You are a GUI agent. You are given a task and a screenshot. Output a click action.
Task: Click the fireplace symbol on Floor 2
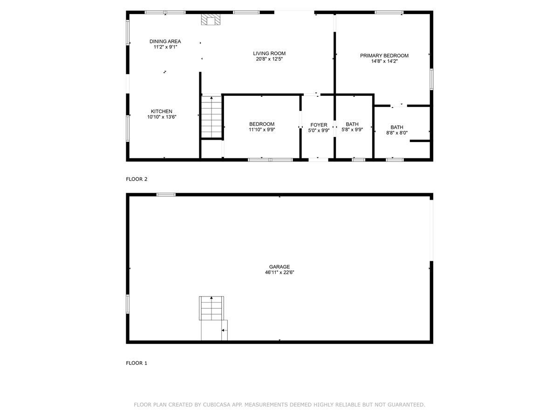click(x=211, y=19)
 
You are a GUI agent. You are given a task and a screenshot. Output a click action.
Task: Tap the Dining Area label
click(x=165, y=41)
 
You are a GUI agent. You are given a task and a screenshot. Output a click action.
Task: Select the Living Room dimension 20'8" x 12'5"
click(x=269, y=59)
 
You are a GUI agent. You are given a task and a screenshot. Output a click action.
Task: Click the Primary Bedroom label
click(x=384, y=55)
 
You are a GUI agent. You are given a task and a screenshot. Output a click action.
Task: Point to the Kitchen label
click(x=162, y=111)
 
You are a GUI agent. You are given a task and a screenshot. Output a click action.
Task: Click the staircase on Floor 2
click(x=211, y=116)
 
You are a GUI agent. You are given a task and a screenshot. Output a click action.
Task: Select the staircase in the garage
click(x=212, y=308)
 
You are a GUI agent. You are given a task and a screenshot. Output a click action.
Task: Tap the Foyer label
click(x=319, y=125)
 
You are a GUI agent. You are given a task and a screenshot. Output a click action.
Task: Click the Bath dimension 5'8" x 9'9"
click(x=352, y=130)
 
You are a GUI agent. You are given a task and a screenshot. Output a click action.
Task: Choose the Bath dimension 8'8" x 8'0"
click(x=397, y=133)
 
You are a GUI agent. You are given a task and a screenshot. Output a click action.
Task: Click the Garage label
click(x=279, y=267)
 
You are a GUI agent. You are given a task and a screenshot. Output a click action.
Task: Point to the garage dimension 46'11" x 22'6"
click(x=279, y=273)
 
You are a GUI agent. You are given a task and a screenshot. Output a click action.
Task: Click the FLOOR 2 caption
click(x=136, y=179)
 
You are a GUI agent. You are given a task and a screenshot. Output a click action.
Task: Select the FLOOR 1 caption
click(x=136, y=363)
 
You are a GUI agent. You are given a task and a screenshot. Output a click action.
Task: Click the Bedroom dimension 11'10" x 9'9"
click(x=261, y=130)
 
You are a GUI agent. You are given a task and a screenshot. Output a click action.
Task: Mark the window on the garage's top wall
click(x=166, y=195)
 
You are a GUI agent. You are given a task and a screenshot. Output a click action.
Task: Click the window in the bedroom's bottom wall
click(x=270, y=160)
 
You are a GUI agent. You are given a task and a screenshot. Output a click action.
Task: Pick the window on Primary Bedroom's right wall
click(x=431, y=79)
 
